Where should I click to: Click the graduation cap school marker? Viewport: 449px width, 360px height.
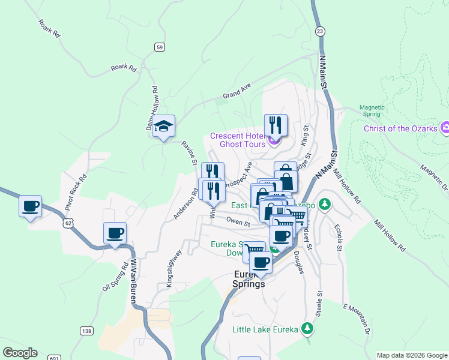[163, 126]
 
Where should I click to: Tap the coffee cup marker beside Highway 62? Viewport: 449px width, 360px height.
[30, 206]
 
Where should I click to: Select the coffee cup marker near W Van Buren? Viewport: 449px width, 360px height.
[115, 233]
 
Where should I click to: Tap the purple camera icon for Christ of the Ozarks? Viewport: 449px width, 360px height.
[445, 128]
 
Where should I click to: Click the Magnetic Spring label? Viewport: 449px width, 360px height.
[372, 111]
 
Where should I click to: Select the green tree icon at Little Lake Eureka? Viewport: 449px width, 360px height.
[307, 329]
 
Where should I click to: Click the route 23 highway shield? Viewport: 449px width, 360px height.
[319, 31]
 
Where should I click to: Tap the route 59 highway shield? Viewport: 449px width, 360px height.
[159, 47]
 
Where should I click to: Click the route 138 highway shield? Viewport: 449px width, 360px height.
[86, 331]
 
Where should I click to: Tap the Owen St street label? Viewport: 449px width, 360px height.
[237, 221]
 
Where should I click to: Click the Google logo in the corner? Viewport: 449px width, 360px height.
[20, 353]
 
